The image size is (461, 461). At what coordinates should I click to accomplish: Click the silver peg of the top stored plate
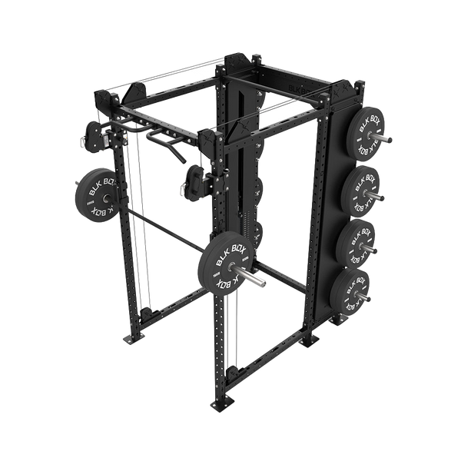point(387,138)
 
